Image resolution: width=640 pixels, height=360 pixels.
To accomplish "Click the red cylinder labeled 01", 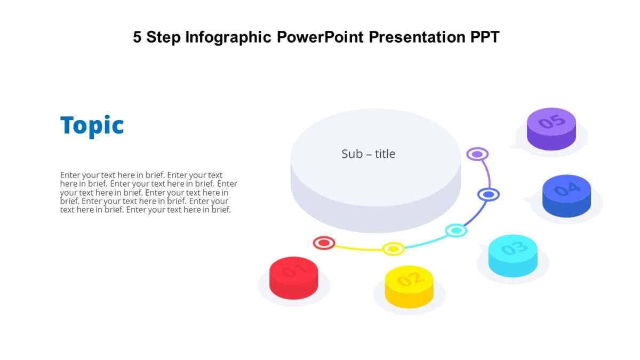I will [293, 277].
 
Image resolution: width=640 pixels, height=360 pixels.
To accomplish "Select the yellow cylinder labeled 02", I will [409, 286].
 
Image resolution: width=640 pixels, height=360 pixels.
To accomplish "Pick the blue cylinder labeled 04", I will [566, 195].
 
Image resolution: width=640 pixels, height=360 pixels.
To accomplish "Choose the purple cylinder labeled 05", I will [551, 128].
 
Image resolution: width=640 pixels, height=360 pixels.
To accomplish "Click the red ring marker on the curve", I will [324, 243].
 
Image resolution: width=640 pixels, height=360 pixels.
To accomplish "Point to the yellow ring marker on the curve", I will [393, 249].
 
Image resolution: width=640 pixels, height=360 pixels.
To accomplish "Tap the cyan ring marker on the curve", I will [456, 230].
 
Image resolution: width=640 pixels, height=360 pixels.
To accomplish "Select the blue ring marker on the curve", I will [488, 195].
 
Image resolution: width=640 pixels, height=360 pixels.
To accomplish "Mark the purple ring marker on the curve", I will [477, 154].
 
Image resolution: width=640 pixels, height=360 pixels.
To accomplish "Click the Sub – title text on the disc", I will [368, 154].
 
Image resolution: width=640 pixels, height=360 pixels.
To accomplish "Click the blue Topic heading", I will [92, 126].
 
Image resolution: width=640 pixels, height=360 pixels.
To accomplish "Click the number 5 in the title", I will [137, 37].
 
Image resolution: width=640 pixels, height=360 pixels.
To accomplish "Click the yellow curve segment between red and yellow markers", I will [357, 249].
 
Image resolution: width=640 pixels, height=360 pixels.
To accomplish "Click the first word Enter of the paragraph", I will [70, 175].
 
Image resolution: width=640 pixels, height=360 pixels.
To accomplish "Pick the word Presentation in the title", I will [418, 37].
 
